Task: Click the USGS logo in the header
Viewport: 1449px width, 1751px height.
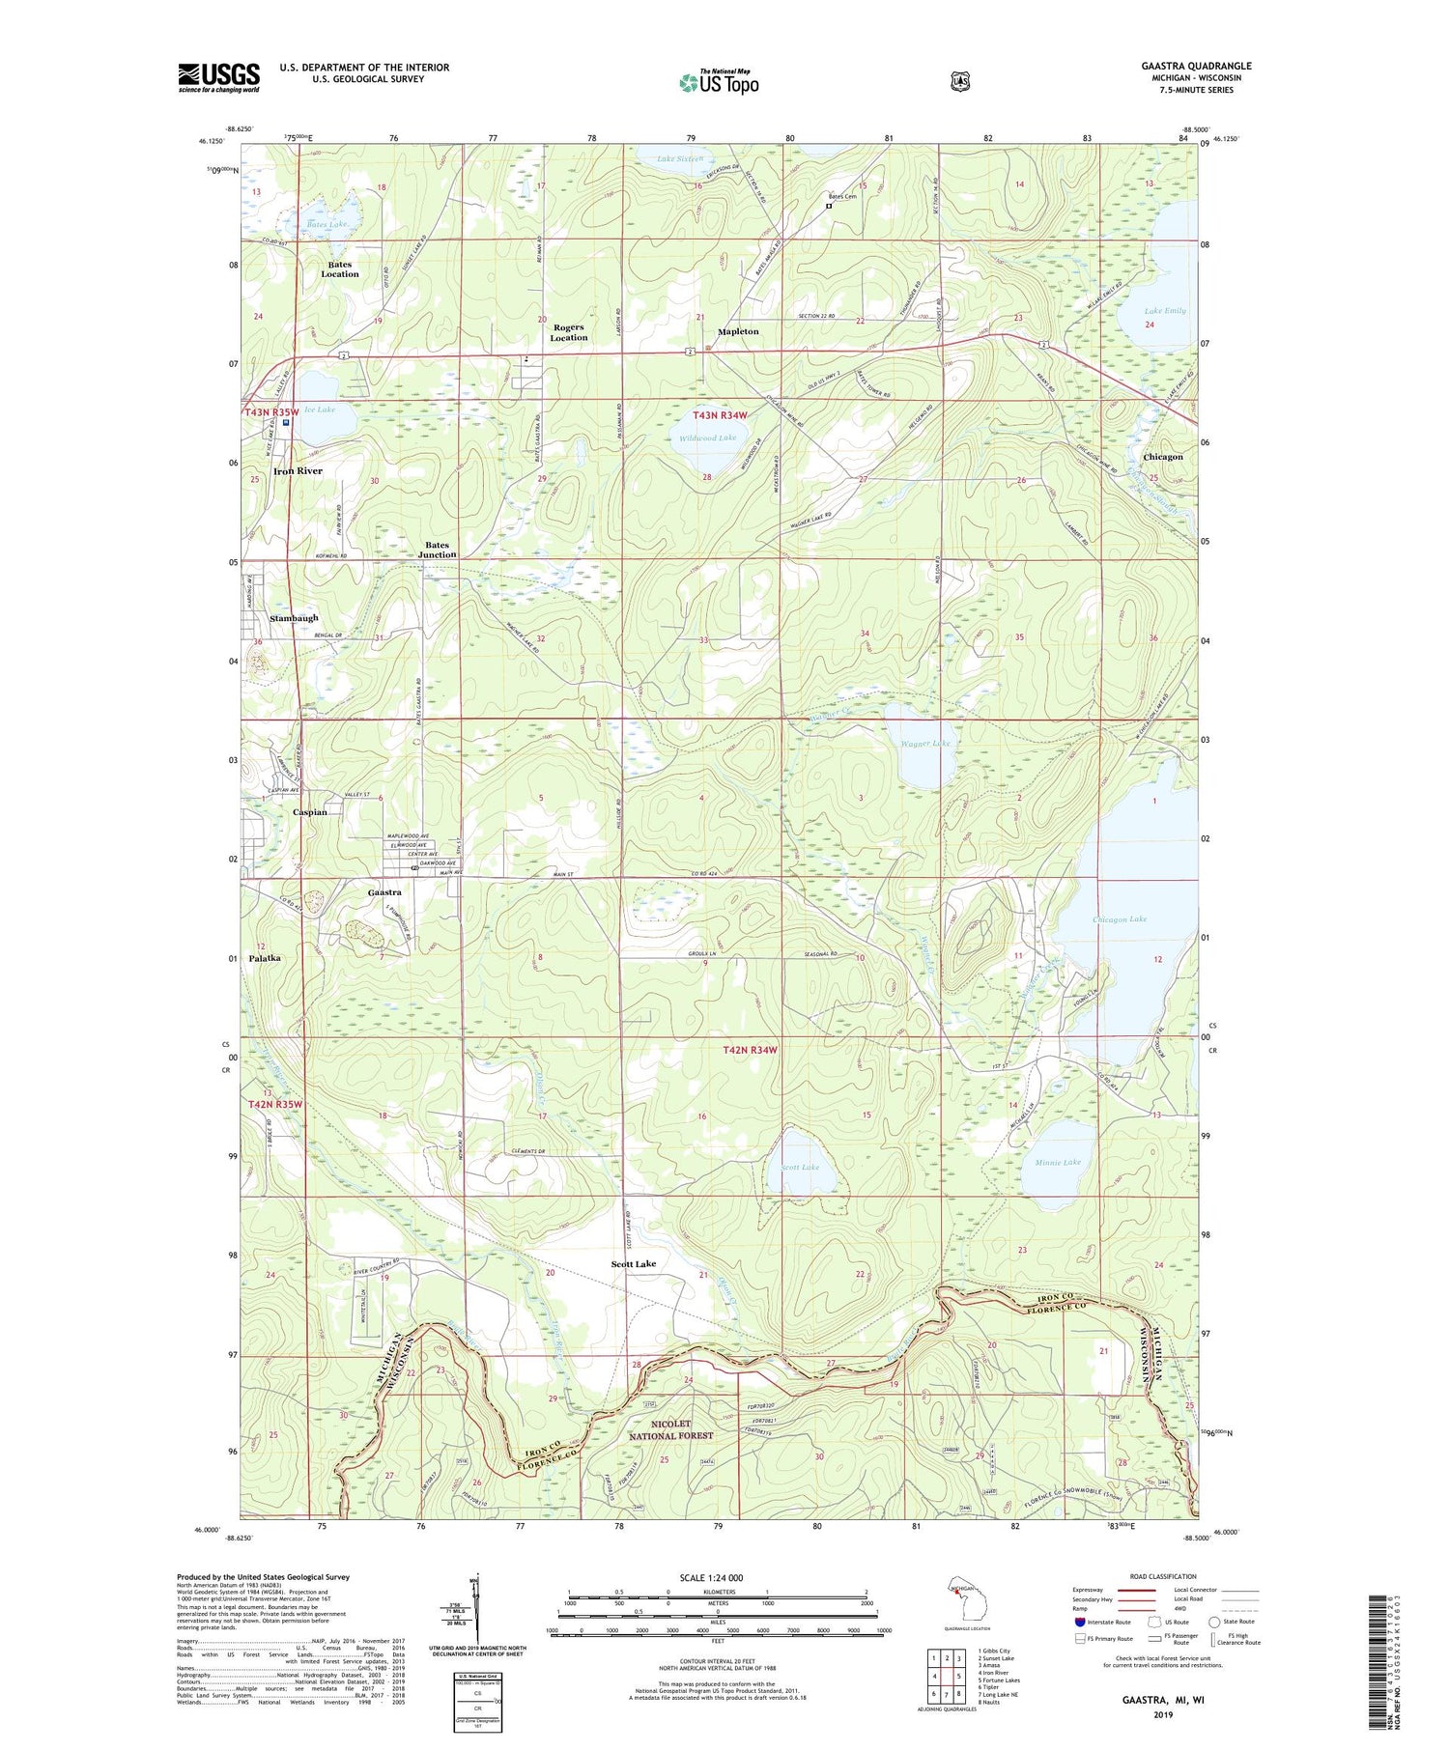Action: pos(218,77)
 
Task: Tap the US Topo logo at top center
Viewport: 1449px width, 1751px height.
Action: pos(719,82)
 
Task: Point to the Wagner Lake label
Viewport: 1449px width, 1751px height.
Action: pos(926,743)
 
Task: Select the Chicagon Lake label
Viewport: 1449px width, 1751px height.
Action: pos(1119,918)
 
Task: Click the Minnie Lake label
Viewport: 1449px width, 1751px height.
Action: pos(1058,1162)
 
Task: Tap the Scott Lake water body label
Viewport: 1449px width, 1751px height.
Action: pos(800,1167)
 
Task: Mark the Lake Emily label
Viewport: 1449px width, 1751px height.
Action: pos(1164,310)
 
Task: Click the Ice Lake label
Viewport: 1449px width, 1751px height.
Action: pos(319,410)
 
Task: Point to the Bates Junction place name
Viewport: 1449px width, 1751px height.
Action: pos(438,550)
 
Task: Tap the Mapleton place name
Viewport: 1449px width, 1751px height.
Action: pos(738,331)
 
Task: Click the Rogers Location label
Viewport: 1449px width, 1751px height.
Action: pos(568,332)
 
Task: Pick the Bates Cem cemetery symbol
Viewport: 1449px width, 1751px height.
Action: pos(828,206)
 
